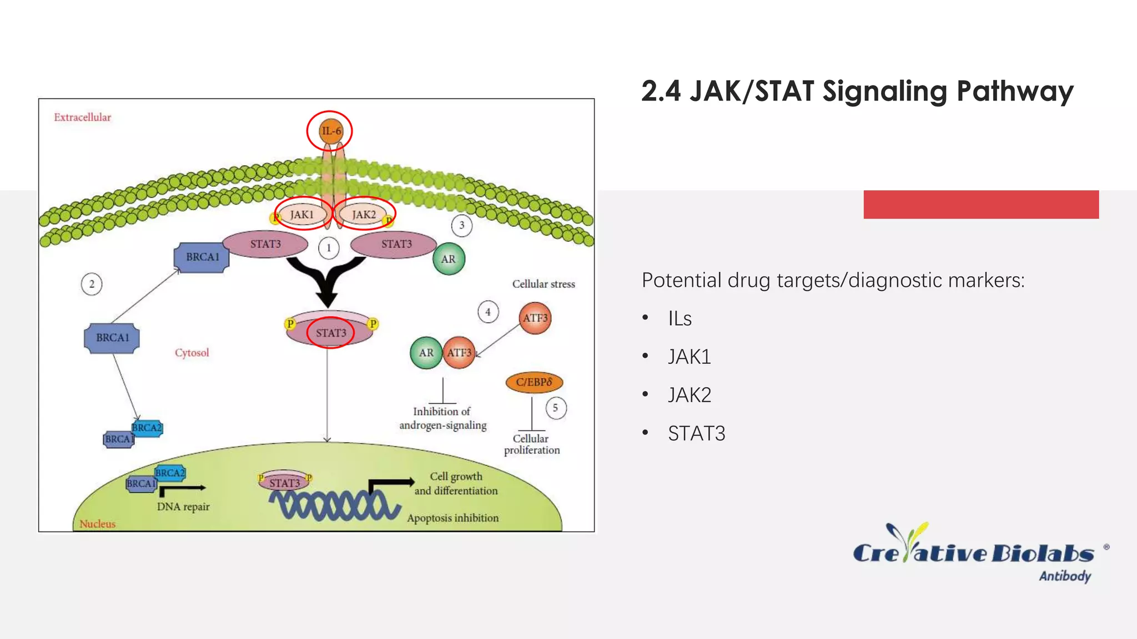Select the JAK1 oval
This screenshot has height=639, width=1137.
point(302,214)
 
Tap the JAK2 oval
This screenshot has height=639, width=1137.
point(364,214)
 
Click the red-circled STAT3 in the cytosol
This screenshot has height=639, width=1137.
point(331,333)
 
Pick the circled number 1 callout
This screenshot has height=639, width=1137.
point(329,248)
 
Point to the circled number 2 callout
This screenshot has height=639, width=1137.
point(92,284)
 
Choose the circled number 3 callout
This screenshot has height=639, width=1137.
point(461,225)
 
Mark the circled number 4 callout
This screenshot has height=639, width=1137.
point(488,312)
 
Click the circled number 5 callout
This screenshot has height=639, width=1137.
point(555,408)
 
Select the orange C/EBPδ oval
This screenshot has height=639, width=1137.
point(534,382)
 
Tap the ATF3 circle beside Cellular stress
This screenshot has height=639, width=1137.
point(535,318)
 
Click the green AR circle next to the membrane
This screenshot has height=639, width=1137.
point(449,259)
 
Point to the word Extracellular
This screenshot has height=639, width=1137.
point(82,117)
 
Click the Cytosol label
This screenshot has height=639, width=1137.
point(192,353)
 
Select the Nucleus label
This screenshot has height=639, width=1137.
point(97,524)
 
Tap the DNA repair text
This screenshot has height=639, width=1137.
point(183,506)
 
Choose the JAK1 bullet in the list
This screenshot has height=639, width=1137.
point(689,357)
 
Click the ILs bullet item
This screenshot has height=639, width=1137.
point(680,318)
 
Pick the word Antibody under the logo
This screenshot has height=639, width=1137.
point(1065,576)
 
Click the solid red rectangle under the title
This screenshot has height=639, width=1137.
point(981,204)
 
